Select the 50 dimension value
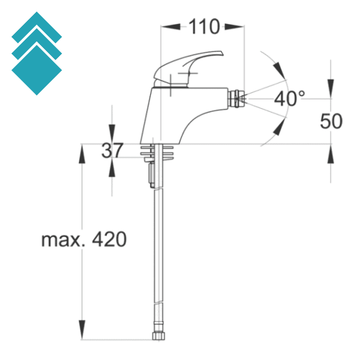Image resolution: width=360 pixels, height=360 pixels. pos(331,121)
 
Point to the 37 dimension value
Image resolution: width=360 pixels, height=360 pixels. pos(112,150)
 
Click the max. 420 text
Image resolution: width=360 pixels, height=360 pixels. pos(83,240)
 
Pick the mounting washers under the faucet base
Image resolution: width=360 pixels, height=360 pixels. pos(160,152)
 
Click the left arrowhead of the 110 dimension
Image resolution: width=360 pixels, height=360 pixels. pos(169,26)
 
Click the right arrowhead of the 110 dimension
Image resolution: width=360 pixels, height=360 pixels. pos(236,26)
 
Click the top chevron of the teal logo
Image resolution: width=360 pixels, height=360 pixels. pos(37,27)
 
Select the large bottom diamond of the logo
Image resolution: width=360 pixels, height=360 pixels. pos(37,70)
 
